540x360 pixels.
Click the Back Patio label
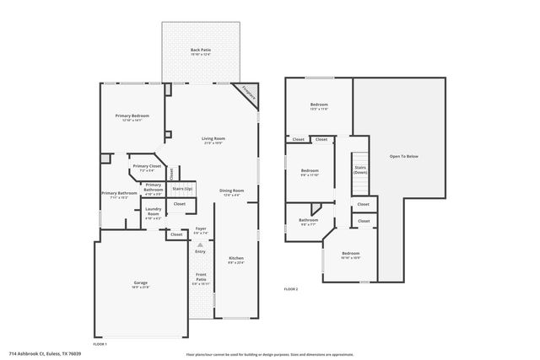(x=200, y=51)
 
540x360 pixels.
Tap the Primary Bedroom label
(x=132, y=116)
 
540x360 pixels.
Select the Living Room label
(x=213, y=139)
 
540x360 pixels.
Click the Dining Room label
(x=231, y=191)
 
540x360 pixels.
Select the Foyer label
(x=201, y=228)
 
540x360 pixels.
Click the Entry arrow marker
(x=200, y=244)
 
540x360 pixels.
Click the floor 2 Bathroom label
(x=308, y=221)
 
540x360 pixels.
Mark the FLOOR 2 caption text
(x=291, y=289)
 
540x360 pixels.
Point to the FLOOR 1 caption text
(x=100, y=345)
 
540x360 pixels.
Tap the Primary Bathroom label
(x=119, y=194)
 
